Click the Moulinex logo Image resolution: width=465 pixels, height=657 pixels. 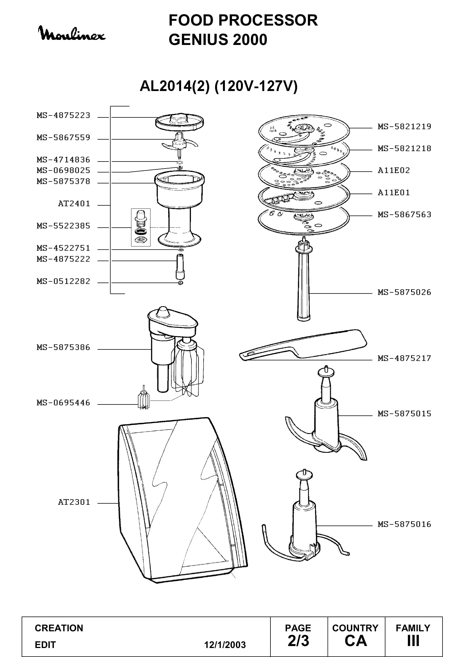click(72, 33)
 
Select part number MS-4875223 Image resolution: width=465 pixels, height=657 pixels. click(63, 115)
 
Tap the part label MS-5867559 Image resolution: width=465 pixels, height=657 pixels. click(63, 138)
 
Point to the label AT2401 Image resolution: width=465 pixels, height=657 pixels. click(74, 204)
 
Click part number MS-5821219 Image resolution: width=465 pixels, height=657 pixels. click(404, 126)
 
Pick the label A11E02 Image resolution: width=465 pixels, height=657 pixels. click(394, 170)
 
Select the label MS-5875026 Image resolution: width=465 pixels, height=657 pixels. click(404, 292)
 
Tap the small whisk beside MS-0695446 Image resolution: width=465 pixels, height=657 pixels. click(143, 397)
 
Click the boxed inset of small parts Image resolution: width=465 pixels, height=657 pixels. click(141, 228)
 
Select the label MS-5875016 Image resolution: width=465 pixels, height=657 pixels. click(404, 524)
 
